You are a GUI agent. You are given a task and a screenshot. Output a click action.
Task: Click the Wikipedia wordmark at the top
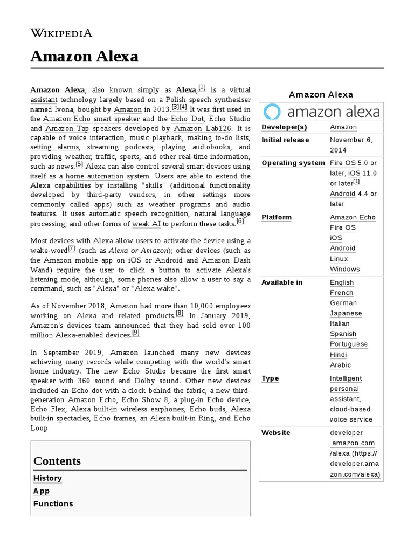(61, 33)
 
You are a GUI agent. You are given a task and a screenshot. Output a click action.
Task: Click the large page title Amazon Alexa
(85, 56)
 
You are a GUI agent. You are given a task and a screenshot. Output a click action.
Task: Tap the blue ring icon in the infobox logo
(272, 112)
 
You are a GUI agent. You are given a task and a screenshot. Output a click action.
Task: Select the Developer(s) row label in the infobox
(284, 127)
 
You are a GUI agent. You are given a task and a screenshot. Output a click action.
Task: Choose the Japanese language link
(346, 313)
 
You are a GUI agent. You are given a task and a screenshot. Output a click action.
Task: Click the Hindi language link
(338, 355)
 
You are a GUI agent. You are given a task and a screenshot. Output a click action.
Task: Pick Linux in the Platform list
(339, 259)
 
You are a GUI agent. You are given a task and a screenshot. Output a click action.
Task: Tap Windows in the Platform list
(344, 269)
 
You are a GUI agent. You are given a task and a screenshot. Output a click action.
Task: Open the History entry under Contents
(47, 478)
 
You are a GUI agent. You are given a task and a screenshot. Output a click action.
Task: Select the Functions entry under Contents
(53, 503)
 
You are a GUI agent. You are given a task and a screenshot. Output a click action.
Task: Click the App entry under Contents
(42, 491)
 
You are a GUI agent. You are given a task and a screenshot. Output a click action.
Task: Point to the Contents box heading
(57, 461)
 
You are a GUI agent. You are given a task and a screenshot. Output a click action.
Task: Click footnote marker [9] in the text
(136, 333)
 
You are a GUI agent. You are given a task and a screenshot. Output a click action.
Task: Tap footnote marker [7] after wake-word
(72, 249)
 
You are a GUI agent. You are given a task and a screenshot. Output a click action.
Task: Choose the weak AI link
(147, 224)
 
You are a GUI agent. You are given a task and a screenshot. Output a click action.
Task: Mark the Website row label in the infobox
(275, 433)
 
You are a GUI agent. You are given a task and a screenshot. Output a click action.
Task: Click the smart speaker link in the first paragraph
(116, 119)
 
